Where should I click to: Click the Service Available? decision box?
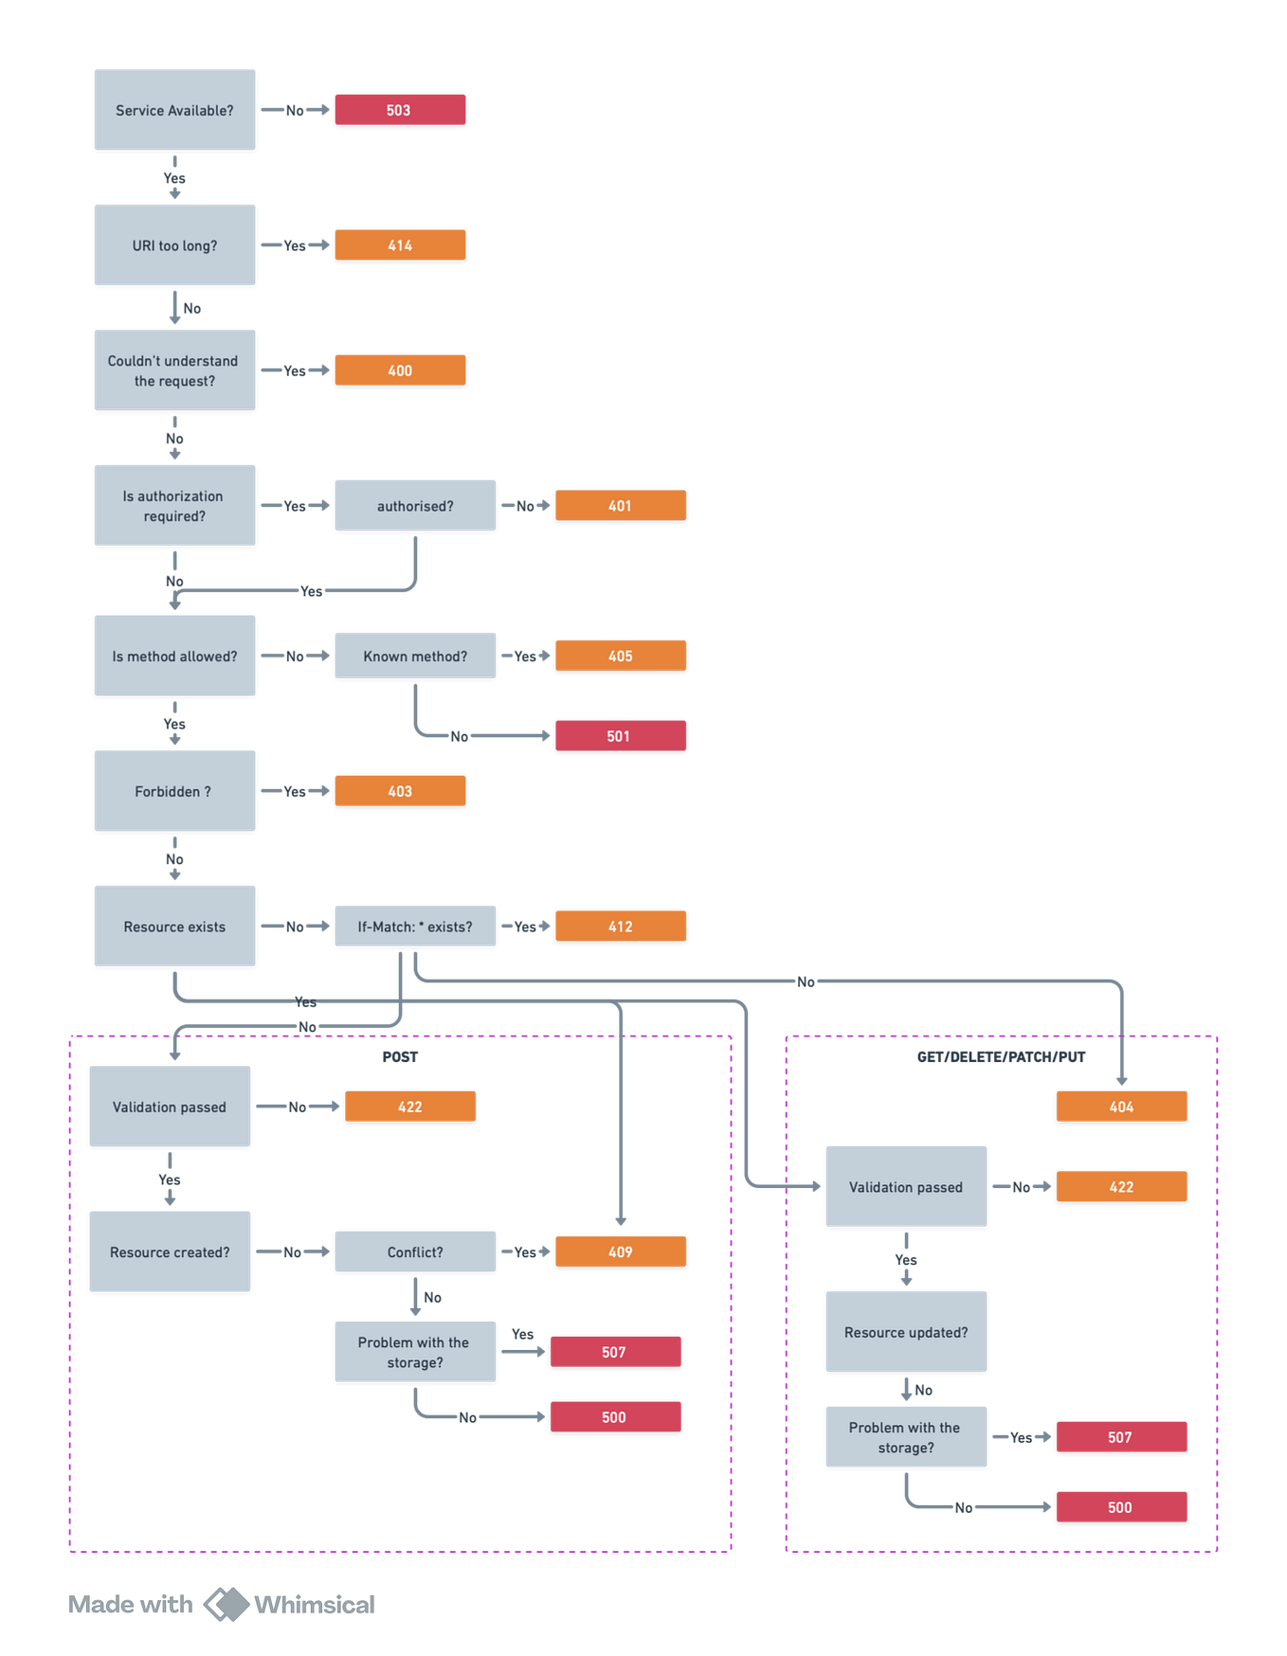point(174,110)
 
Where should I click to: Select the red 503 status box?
point(399,109)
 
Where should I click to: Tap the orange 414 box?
point(399,244)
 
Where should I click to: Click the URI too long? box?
point(174,244)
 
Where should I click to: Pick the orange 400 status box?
point(399,369)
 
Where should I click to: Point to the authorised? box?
point(415,505)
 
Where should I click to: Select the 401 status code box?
point(620,505)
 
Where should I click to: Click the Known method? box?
point(415,656)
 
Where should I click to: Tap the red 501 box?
point(620,735)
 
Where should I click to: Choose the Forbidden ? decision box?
point(174,791)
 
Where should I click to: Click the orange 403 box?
point(399,790)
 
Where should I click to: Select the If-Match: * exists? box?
point(415,926)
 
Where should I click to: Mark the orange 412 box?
point(620,926)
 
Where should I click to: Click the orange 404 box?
point(1121,1106)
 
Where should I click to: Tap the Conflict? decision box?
point(415,1251)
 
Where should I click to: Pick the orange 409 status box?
point(620,1251)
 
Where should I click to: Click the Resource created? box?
point(170,1251)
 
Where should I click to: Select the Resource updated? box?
point(906,1331)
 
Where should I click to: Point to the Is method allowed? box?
point(174,656)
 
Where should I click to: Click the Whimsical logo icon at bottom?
point(226,1604)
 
